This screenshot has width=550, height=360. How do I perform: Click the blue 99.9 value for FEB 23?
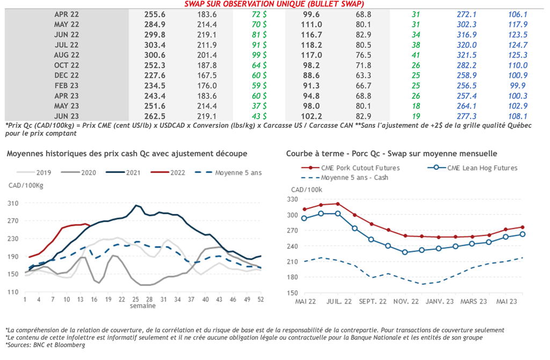click(x=518, y=85)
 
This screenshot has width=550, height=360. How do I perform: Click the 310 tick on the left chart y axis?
click(x=13, y=203)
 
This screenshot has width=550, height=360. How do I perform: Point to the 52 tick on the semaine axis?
click(x=260, y=299)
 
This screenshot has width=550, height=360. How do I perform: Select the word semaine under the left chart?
click(x=142, y=306)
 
